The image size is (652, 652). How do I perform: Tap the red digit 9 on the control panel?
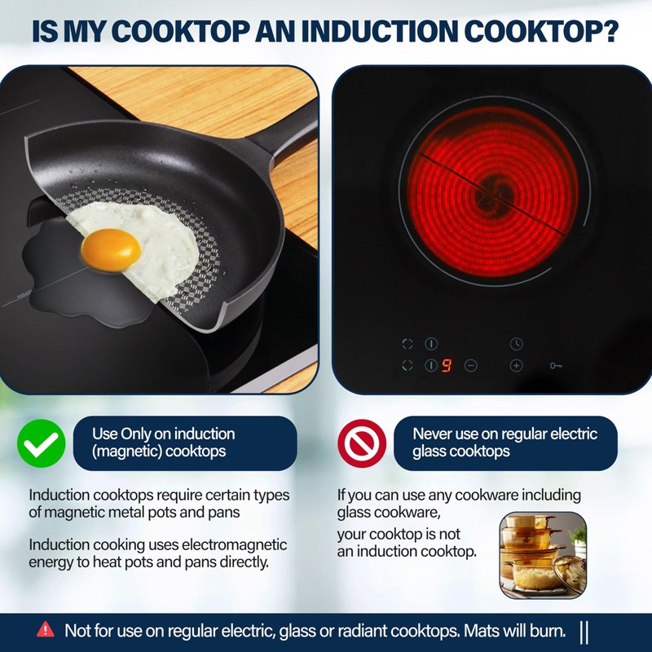click(x=447, y=366)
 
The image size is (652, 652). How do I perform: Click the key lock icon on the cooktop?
click(x=556, y=366)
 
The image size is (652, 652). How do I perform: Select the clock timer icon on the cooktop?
click(x=516, y=343)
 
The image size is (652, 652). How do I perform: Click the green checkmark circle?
click(x=41, y=443)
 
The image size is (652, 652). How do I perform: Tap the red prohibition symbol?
click(x=362, y=443)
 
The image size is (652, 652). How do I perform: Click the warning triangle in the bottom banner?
click(x=46, y=629)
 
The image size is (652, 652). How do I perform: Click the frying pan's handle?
click(x=281, y=130)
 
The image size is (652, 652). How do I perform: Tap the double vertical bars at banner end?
click(x=584, y=632)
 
